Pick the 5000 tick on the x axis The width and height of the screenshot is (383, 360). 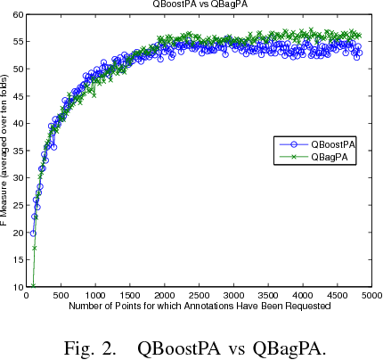pos(371,295)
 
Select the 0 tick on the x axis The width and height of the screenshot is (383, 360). pos(26,295)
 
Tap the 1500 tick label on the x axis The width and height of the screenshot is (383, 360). pos(129,295)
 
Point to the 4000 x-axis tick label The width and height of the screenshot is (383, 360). pos(302,295)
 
